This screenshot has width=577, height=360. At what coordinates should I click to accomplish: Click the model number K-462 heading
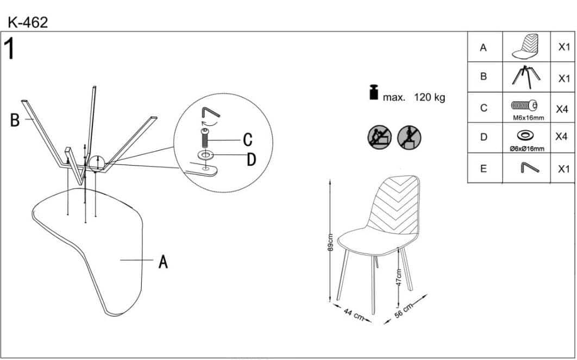(x=28, y=23)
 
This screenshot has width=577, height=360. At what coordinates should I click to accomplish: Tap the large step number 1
(x=9, y=48)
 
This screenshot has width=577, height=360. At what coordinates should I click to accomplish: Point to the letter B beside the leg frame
(x=15, y=120)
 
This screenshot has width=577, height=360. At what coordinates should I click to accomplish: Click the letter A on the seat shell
(x=163, y=262)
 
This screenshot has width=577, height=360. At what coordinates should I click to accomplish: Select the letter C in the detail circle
(x=248, y=140)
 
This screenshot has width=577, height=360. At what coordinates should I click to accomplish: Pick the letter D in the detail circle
(x=252, y=160)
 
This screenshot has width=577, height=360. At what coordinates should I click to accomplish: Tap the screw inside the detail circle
(x=205, y=138)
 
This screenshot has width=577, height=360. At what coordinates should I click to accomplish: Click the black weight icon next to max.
(x=373, y=92)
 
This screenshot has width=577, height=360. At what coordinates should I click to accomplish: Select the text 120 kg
(x=429, y=97)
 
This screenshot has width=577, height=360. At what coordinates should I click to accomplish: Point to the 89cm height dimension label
(x=330, y=242)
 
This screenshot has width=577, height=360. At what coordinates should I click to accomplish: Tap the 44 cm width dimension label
(x=354, y=314)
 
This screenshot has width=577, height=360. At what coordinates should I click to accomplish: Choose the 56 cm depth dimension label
(x=403, y=311)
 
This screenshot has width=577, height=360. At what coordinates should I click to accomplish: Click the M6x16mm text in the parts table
(x=529, y=118)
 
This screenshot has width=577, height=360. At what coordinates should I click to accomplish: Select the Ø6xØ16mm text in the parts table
(x=527, y=149)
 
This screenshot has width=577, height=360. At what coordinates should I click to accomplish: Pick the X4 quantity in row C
(x=562, y=109)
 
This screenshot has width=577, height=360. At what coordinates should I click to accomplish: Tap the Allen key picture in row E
(x=529, y=168)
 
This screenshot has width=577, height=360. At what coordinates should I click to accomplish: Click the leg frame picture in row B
(x=526, y=77)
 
